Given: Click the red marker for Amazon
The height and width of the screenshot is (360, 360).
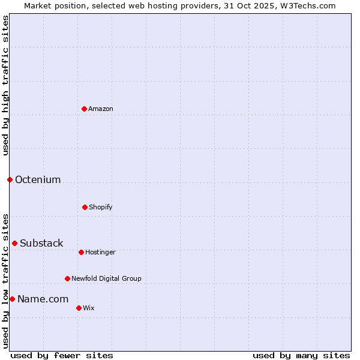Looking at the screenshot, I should [x=84, y=109].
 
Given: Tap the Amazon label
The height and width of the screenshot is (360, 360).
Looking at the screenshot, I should [x=101, y=109].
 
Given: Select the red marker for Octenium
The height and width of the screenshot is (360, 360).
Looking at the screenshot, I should [x=10, y=179].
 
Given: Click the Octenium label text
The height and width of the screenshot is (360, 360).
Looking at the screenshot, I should [x=38, y=180].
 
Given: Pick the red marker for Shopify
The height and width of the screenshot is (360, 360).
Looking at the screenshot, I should [x=85, y=207].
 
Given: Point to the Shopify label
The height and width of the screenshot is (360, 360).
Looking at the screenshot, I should [x=101, y=208].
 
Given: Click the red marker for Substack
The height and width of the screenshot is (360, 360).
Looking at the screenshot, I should [x=14, y=243].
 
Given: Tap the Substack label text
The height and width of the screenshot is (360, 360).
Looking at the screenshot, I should [x=41, y=244].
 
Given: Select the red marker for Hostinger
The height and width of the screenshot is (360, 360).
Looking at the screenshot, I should [x=81, y=252].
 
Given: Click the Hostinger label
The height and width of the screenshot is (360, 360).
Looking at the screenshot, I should [x=100, y=253].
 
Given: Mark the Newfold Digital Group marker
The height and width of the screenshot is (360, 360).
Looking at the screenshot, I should [x=67, y=278].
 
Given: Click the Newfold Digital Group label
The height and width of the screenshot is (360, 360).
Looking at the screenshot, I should [x=107, y=279].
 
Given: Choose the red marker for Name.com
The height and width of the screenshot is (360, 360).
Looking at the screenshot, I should [x=12, y=299].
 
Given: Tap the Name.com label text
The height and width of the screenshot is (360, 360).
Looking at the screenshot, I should [x=43, y=299].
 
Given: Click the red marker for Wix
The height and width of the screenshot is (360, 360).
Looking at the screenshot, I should [x=79, y=308].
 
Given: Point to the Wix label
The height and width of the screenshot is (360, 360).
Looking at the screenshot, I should [x=89, y=308].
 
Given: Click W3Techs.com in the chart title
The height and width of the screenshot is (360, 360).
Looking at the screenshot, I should [x=310, y=5].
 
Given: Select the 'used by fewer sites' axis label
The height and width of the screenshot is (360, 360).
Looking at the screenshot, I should [x=62, y=355].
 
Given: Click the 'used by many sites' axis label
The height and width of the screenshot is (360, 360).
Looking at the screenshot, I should [x=301, y=355].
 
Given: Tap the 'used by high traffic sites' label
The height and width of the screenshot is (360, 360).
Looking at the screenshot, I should [x=5, y=85].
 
